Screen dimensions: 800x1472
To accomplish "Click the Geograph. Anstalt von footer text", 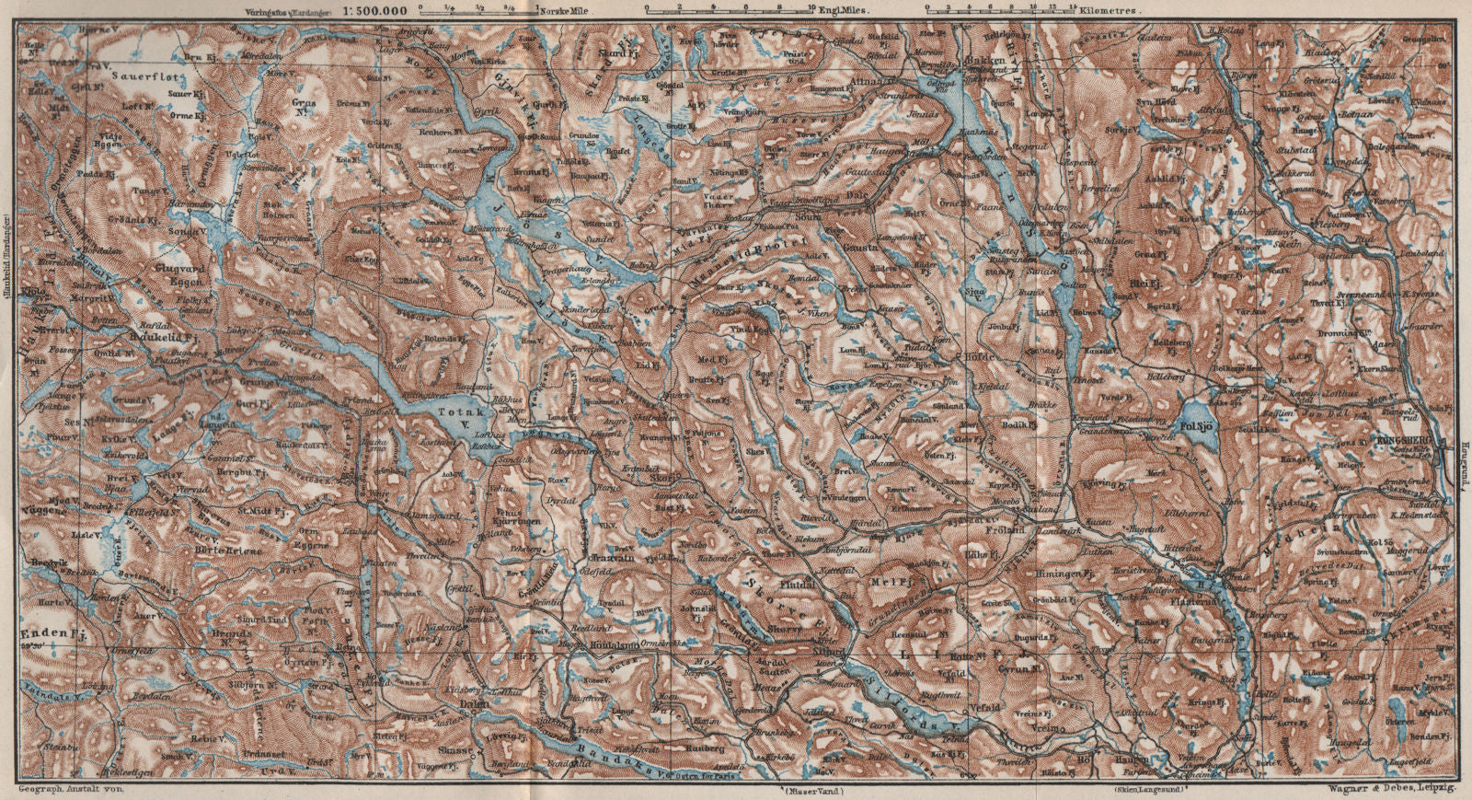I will pos(70,789).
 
